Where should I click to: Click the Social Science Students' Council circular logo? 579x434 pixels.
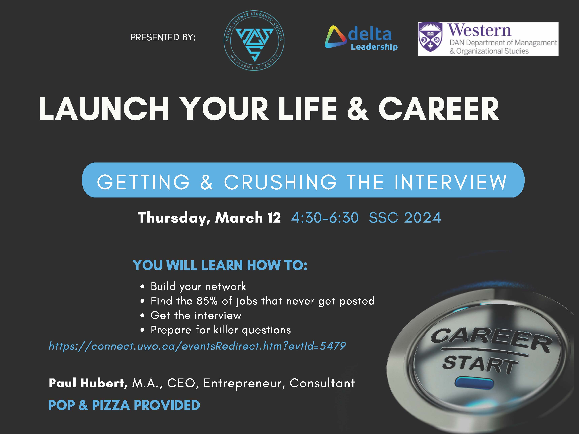click(x=254, y=41)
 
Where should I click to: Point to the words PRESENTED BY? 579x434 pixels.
click(x=163, y=37)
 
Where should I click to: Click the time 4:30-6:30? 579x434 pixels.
click(x=325, y=218)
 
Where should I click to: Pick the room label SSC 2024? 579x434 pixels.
click(x=405, y=218)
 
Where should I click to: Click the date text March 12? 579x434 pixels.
click(x=248, y=218)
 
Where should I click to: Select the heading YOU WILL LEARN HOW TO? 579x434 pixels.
click(x=220, y=265)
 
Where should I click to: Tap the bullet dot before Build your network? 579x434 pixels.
click(x=142, y=287)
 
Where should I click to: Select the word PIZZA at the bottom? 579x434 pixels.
click(x=111, y=405)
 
